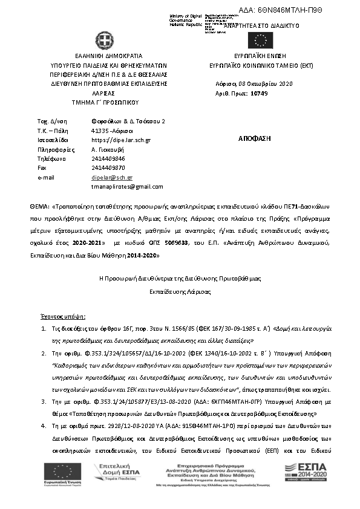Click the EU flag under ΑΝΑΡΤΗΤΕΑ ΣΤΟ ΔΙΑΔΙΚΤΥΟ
pos(261,41)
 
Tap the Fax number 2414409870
pos(108,167)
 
